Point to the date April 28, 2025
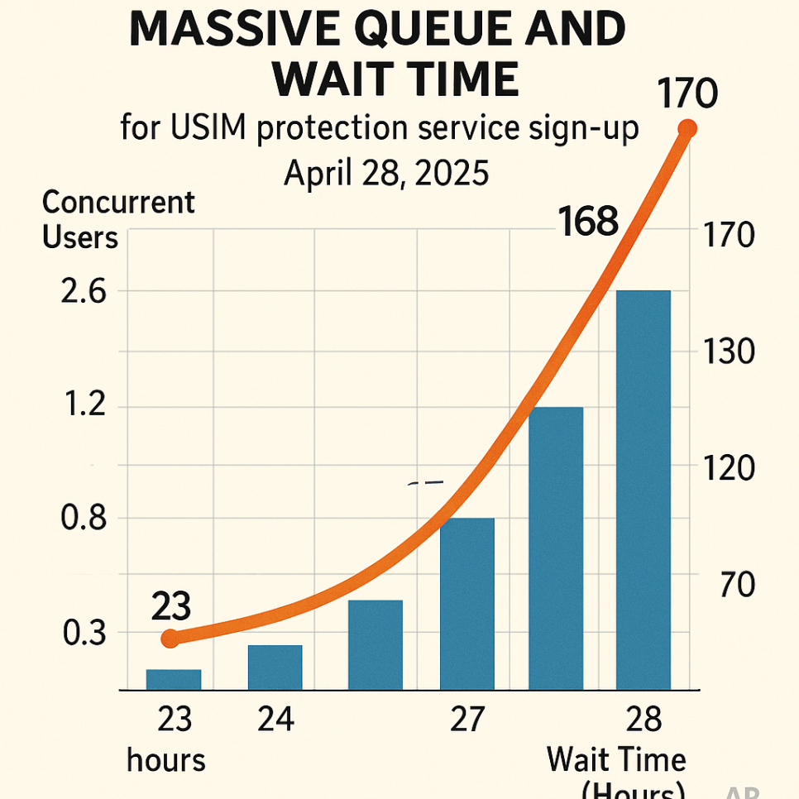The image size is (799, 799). pos(386,174)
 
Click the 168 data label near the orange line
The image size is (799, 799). pos(588,222)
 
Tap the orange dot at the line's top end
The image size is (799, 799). pos(687,129)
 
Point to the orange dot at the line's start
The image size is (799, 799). pos(170,639)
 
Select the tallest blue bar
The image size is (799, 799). pos(644,490)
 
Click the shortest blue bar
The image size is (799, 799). pos(174,679)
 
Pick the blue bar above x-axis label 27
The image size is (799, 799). pos(467,603)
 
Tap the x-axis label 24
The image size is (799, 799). pos(275,720)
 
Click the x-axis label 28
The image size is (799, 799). pos(644,720)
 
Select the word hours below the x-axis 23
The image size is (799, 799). pos(166,760)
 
